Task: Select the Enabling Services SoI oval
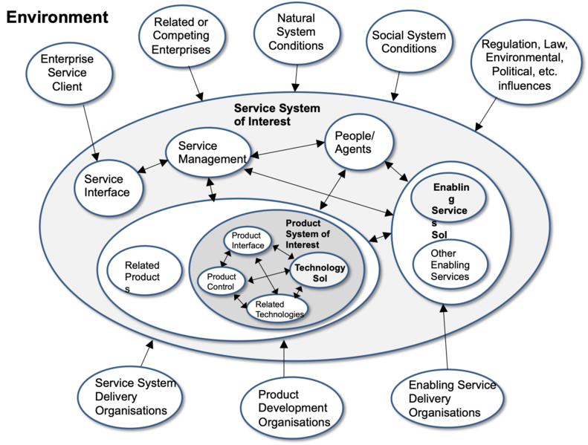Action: pos(450,204)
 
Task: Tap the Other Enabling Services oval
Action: pos(450,264)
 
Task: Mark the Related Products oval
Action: pos(142,276)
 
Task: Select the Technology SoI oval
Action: pos(318,271)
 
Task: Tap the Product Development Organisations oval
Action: pos(291,409)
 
